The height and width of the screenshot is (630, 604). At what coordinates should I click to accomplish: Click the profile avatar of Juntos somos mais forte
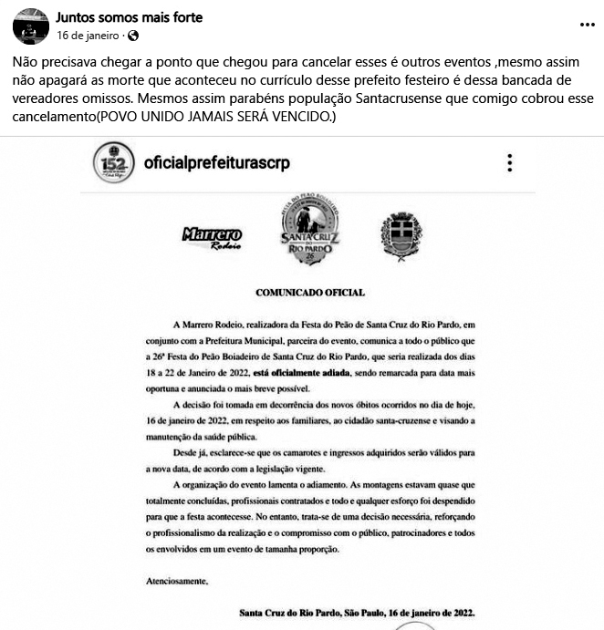click(30, 27)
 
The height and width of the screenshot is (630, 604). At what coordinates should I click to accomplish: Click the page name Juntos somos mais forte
click(130, 17)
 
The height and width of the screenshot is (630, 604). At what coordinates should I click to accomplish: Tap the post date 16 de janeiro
click(89, 36)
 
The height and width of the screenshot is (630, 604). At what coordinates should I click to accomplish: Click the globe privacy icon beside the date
click(133, 36)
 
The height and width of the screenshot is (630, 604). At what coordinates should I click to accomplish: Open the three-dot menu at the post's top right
click(587, 26)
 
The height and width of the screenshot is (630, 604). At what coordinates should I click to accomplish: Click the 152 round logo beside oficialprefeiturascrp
click(114, 162)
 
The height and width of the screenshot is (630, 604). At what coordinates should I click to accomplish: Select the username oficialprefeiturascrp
click(217, 163)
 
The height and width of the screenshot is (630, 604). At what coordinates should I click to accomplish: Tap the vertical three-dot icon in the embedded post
click(510, 163)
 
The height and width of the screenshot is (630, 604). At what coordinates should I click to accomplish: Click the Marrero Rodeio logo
click(212, 237)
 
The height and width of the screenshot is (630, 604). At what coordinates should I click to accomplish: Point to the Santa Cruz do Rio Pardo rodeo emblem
click(309, 231)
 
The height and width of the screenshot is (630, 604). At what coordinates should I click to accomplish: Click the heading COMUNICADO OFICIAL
click(309, 293)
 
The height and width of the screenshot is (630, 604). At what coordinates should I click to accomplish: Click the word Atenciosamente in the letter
click(177, 581)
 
